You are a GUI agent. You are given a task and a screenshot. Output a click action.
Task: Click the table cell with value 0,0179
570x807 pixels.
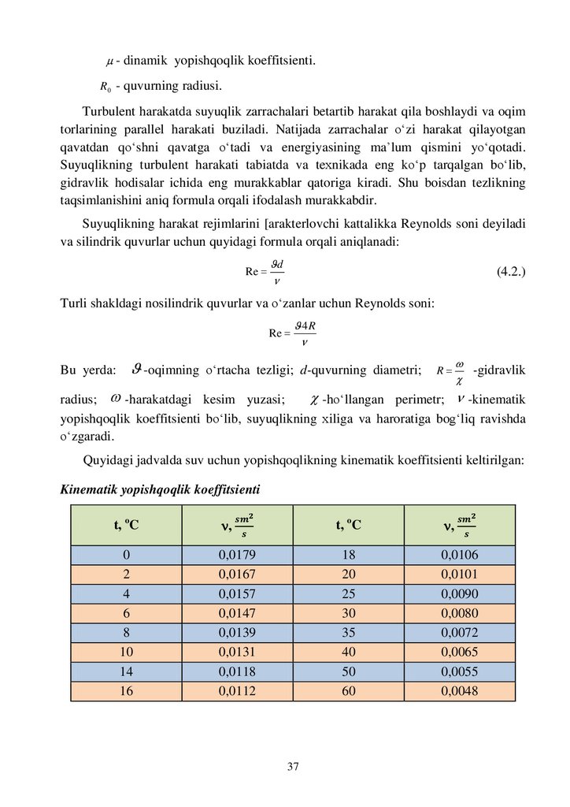(237, 555)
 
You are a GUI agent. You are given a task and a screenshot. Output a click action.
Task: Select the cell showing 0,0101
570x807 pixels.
(460, 574)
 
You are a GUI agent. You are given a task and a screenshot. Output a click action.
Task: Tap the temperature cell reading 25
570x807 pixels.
(349, 593)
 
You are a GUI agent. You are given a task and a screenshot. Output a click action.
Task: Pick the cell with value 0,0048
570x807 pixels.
(460, 691)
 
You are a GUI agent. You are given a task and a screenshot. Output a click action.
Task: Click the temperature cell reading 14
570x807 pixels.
(126, 671)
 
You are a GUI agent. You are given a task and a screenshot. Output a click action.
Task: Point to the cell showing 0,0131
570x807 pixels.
(237, 652)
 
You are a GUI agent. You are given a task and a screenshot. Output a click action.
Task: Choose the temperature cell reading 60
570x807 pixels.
(349, 691)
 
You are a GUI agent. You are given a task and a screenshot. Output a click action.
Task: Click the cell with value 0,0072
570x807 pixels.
(460, 633)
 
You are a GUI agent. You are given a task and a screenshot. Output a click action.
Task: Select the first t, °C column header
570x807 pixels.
(126, 525)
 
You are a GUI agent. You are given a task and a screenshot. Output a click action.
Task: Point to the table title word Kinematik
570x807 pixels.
(88, 490)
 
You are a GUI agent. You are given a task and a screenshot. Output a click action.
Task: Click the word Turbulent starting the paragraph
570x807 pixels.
(109, 110)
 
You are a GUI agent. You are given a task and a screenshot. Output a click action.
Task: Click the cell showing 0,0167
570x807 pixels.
(237, 574)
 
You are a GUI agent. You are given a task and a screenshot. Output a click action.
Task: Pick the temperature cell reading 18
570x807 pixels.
(349, 555)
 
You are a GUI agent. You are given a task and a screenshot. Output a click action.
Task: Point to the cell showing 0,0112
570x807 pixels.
(237, 691)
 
